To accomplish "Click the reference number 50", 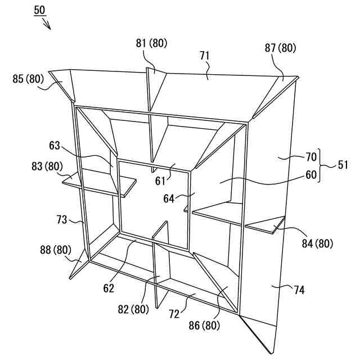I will [40, 11].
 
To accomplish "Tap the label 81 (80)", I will [150, 43].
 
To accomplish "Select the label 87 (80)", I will [280, 48].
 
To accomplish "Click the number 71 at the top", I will [204, 55].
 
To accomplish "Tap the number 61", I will [160, 181].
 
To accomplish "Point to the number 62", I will [109, 288].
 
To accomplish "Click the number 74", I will [301, 290].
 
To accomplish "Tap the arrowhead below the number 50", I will [48, 26].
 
